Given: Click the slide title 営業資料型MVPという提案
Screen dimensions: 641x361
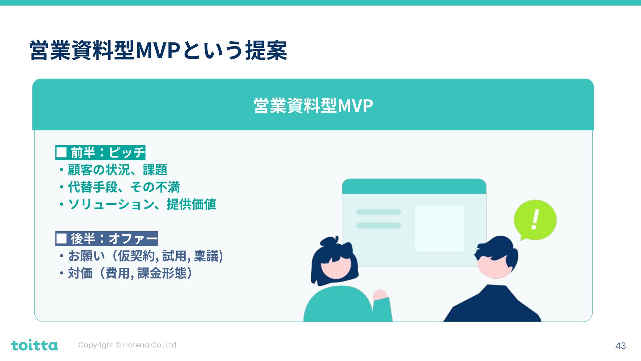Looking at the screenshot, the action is (158, 50).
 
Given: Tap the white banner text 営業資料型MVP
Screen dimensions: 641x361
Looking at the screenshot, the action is (313, 106).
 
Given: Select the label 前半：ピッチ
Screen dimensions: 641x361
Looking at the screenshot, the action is (100, 153).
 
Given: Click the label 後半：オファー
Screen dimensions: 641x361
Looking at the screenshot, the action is (106, 239).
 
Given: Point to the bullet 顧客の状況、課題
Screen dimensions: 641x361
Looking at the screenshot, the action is (117, 170).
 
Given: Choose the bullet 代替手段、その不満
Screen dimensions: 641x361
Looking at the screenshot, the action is (124, 187).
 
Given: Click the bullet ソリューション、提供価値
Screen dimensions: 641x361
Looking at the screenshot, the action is (142, 204).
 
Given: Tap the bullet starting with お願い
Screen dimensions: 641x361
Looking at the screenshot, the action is (145, 256).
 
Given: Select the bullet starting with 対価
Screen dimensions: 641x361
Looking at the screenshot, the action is (130, 273).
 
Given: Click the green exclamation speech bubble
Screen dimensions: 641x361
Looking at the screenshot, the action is (535, 220).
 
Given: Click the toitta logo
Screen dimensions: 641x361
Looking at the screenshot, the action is (34, 345).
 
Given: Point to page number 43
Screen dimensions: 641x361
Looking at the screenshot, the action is (620, 346).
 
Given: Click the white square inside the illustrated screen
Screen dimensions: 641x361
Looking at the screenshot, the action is (439, 228).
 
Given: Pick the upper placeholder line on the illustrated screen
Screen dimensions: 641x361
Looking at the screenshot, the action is (378, 212).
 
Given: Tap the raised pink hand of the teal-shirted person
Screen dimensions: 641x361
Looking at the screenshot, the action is (380, 295).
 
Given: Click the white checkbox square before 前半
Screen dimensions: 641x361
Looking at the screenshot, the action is (61, 153).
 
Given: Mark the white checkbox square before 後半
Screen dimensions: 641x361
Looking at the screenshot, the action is (61, 239).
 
